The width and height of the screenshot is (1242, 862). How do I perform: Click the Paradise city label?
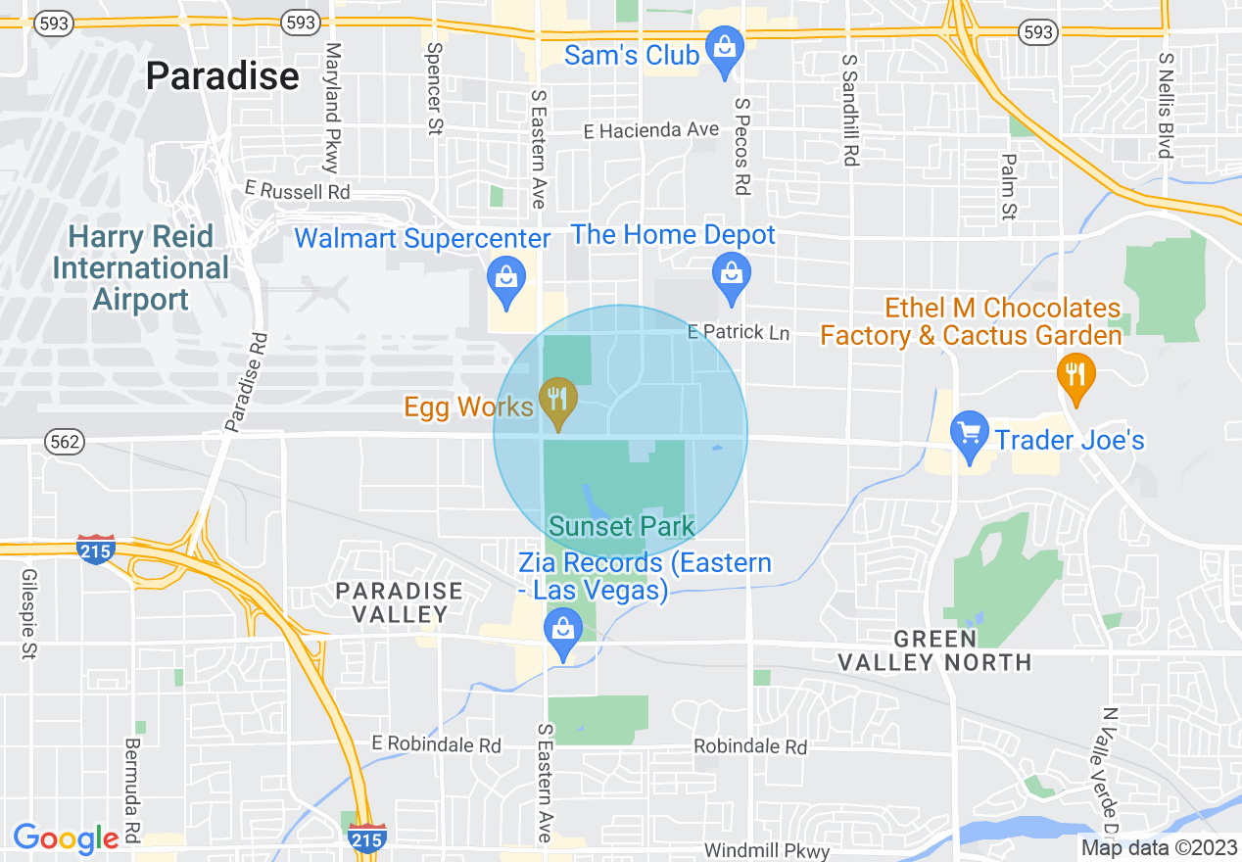[x=222, y=75]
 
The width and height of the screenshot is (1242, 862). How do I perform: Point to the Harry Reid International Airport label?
[x=141, y=267]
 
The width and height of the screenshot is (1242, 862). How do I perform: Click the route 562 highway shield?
[x=65, y=442]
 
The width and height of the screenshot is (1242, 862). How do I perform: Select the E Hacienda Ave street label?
[x=650, y=130]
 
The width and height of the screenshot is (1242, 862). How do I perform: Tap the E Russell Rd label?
[x=297, y=190]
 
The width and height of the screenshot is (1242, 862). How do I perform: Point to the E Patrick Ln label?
[x=739, y=332]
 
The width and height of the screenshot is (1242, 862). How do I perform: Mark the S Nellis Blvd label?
[x=1166, y=106]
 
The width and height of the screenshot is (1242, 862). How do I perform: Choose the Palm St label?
[x=1009, y=186]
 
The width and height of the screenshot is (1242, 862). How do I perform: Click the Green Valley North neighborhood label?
[x=934, y=650]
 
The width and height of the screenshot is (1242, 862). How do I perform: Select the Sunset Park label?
[x=621, y=526]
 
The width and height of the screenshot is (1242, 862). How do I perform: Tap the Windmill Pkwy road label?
[x=767, y=851]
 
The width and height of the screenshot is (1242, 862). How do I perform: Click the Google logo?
[x=66, y=838]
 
